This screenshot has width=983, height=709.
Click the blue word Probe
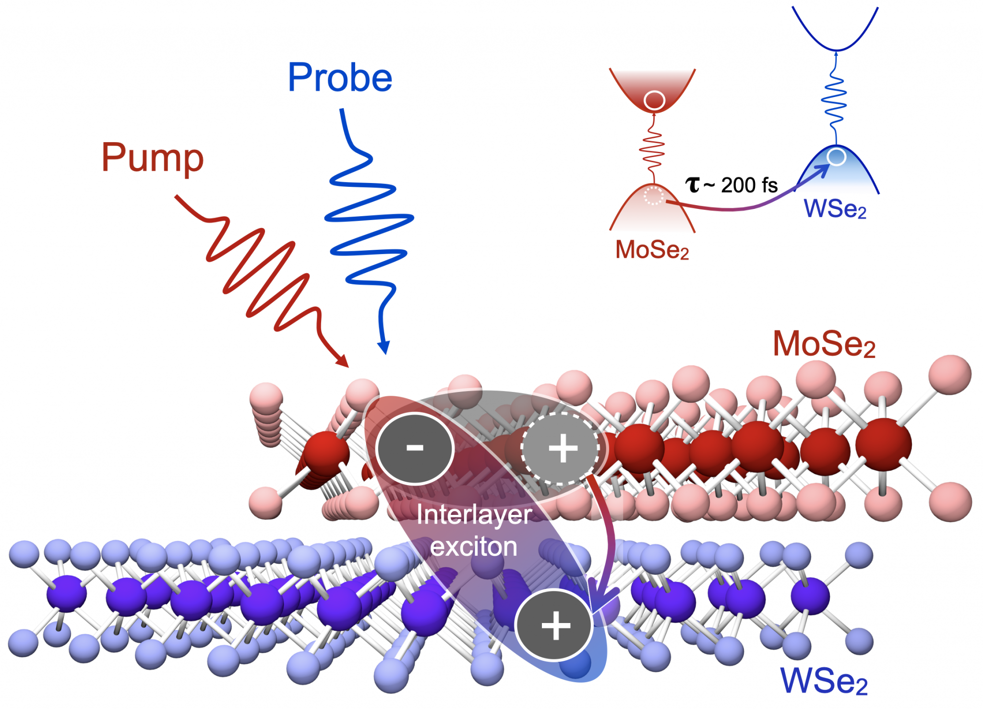coord(340,78)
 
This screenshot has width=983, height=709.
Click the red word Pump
coord(153,158)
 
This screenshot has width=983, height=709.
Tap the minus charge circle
coord(415,448)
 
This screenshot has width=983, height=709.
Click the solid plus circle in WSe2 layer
coord(554,624)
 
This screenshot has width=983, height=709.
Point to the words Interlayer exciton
coord(474,530)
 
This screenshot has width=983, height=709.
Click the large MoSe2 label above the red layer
coord(824,344)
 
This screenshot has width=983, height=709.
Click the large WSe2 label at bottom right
coord(824,680)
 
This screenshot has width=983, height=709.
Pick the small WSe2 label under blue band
coord(835,209)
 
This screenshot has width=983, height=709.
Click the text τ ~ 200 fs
coord(731,185)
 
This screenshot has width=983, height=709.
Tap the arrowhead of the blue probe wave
coord(384,348)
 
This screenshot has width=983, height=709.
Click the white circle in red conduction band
coord(654,100)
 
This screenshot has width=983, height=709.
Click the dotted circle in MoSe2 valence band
coord(653,196)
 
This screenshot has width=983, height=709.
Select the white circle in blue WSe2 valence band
coord(837,156)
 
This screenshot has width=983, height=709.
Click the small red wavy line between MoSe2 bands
coord(652,149)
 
